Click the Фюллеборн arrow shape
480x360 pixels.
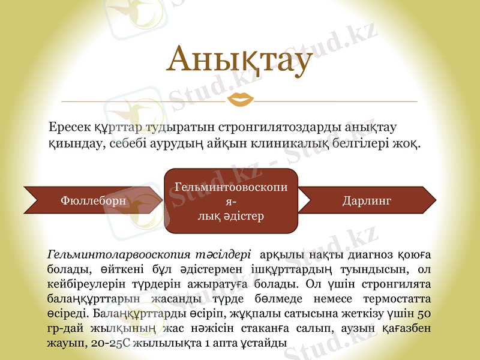[94, 200]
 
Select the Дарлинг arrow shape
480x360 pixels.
[367, 200]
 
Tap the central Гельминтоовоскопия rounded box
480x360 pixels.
[231, 201]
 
